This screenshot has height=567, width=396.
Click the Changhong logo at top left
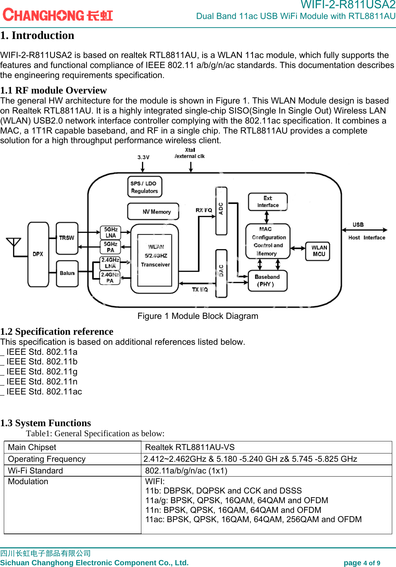pos(58,15)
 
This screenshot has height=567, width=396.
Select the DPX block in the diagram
pos(38,254)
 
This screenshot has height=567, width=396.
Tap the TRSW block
pos(67,238)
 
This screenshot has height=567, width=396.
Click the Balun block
pos(67,273)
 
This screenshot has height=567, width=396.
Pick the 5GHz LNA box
pos(111,232)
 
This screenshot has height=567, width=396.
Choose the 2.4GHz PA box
pos(110,278)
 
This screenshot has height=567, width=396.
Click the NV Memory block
pos(153,211)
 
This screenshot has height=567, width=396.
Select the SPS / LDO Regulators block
pos(144,187)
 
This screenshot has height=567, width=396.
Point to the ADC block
pos(221,211)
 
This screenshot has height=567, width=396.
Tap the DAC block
pos(221,273)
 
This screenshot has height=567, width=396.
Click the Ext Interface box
pos(268,202)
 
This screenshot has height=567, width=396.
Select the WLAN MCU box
pos(318,251)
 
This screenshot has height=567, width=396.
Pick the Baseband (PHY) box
pos(267,281)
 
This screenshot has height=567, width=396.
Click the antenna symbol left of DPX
pos(14,247)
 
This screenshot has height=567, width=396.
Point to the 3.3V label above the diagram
pos(143,157)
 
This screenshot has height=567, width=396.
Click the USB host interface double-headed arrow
pos(365,230)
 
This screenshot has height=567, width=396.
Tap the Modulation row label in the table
pos(28,481)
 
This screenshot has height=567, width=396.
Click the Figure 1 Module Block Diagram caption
pos(198,316)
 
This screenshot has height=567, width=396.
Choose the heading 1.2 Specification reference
pos(57,331)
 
